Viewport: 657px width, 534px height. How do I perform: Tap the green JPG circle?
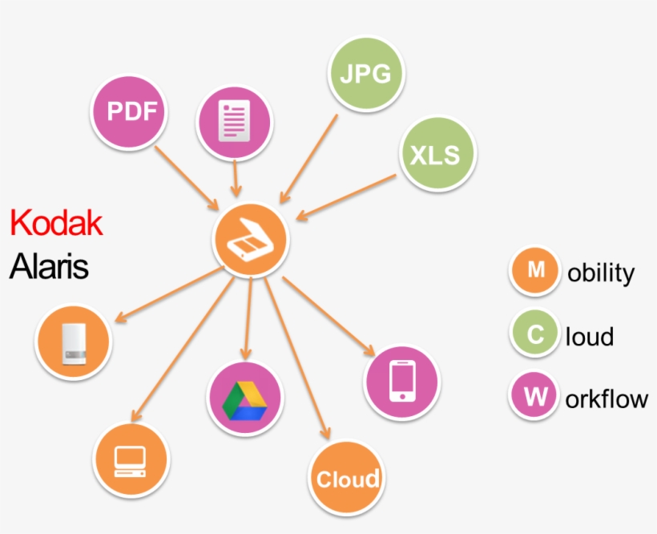click(365, 75)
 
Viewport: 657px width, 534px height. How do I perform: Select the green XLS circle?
click(435, 154)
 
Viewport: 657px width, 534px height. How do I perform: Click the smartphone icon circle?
click(402, 382)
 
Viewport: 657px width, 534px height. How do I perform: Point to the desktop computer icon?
click(131, 460)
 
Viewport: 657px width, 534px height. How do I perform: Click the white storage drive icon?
click(74, 341)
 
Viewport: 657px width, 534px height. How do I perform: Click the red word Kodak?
click(56, 224)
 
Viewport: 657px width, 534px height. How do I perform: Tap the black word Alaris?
click(49, 268)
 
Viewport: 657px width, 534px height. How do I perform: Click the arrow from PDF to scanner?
click(186, 176)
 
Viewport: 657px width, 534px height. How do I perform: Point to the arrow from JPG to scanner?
click(308, 158)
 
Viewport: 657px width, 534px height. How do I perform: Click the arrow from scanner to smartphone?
click(328, 315)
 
